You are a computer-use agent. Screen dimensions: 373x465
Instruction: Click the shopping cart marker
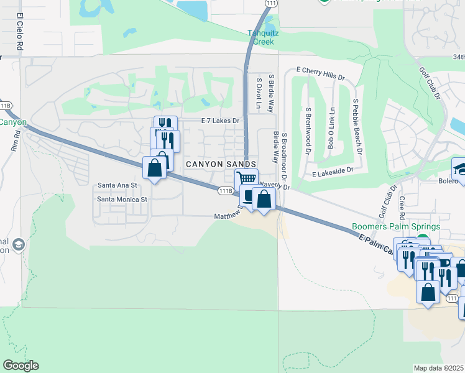[247, 178]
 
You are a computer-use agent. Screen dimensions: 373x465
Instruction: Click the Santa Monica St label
[122, 200]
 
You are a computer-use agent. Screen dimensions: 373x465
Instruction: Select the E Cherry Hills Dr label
[320, 74]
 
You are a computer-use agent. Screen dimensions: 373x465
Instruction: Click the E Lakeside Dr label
[333, 169]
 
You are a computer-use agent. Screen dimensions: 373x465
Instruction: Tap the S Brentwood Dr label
[308, 129]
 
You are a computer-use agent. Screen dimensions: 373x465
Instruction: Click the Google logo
[21, 366]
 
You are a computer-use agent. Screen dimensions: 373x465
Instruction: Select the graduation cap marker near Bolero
[459, 168]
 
